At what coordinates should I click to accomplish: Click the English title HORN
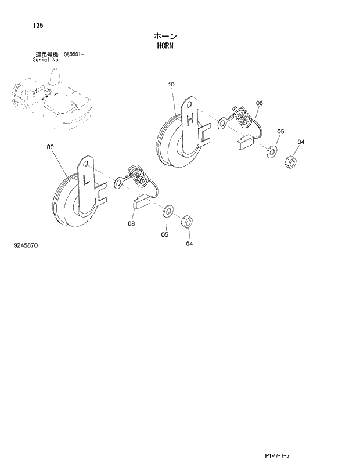[165, 45]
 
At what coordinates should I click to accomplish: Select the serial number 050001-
[70, 55]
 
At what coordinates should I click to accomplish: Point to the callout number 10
[171, 85]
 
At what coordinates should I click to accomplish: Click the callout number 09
[51, 147]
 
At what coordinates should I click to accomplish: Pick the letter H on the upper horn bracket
[190, 120]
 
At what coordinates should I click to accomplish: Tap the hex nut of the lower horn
[188, 221]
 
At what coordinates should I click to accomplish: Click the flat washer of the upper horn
[271, 153]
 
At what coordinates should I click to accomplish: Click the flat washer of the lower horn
[168, 209]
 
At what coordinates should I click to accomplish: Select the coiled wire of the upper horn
[243, 116]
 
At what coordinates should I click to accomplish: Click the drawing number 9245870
[26, 245]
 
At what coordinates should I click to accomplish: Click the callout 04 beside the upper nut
[301, 142]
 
